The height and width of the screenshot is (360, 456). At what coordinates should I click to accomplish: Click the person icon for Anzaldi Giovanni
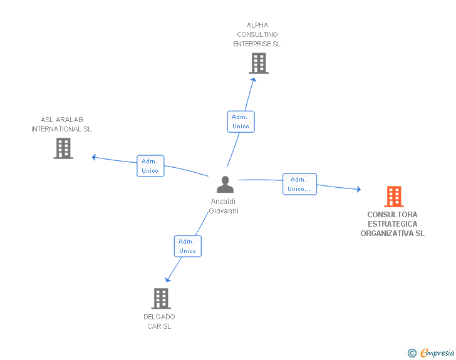(x=225, y=184)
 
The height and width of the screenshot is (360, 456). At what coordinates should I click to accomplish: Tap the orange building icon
(x=394, y=197)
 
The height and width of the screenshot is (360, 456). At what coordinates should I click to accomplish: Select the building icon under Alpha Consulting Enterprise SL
(x=259, y=63)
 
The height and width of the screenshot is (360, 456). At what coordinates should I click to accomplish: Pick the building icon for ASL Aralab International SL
(x=63, y=148)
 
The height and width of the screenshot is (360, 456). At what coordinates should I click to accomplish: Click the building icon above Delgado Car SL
(x=161, y=299)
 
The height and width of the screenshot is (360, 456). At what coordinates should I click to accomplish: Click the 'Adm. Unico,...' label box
(x=299, y=184)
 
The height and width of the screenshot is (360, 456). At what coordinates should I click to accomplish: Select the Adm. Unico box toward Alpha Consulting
(x=241, y=121)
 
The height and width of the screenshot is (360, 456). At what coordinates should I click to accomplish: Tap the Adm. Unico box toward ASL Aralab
(x=150, y=166)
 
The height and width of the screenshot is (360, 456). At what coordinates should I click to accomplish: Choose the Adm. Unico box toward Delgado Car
(x=187, y=246)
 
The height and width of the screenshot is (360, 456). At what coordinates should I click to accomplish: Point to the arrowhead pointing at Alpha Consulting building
(x=254, y=80)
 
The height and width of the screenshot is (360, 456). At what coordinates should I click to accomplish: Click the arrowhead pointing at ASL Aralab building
(x=94, y=157)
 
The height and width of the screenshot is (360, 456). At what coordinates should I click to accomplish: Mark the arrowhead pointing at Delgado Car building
(x=167, y=280)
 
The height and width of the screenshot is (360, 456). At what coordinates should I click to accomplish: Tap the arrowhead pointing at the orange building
(x=359, y=189)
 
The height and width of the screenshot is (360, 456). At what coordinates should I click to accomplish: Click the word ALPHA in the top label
(x=257, y=25)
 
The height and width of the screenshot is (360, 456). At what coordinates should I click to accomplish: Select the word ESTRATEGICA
(x=393, y=224)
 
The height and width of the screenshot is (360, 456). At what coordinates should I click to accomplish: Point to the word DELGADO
(x=159, y=317)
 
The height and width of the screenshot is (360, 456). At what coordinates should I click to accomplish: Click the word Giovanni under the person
(x=224, y=211)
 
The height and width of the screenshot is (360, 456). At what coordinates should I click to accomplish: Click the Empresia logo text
(x=437, y=352)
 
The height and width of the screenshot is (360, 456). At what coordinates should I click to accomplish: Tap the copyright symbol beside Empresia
(x=412, y=353)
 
